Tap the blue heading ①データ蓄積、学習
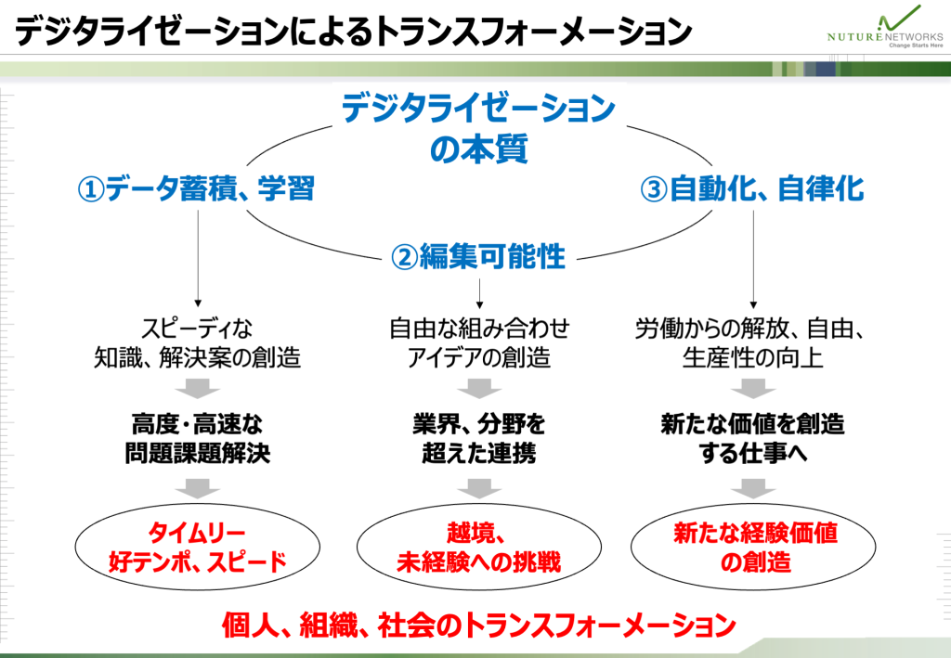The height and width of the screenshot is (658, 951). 195,189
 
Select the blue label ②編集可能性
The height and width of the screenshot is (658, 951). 478,257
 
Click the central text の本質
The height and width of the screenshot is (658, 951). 478,148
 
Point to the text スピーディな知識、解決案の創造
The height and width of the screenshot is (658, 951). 197,342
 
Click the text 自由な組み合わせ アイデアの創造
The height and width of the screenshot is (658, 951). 478,342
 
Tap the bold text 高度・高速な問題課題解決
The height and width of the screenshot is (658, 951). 197,439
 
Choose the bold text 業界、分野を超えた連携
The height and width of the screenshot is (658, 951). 478,439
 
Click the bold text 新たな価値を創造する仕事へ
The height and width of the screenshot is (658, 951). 752,439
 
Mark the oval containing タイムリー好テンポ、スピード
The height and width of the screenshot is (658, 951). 197,548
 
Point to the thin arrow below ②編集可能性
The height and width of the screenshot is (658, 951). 478,292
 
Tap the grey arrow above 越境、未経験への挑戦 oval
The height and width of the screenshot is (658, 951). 478,488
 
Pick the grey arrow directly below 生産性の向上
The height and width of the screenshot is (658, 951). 753,387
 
